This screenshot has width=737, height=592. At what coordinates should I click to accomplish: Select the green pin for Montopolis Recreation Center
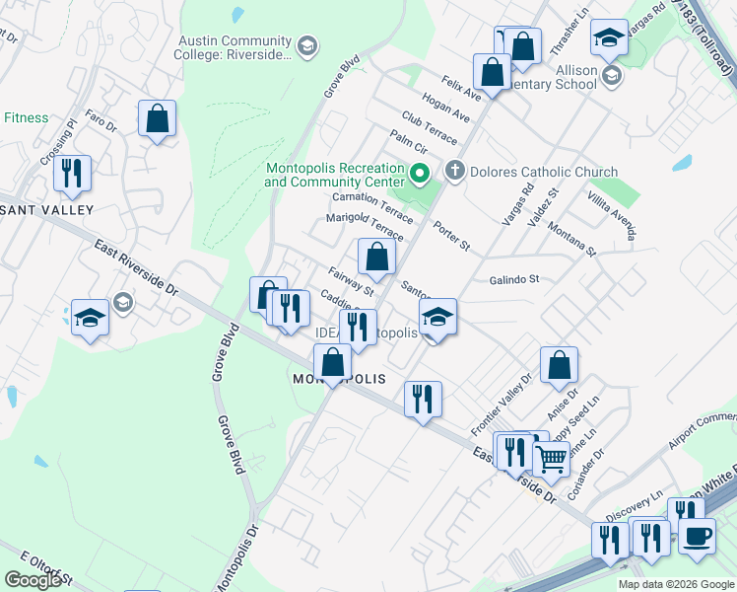420,176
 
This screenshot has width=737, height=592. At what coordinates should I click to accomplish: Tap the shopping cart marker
552,457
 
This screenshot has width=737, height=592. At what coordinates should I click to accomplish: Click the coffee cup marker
697,535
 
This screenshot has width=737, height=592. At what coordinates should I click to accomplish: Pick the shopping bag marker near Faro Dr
157,119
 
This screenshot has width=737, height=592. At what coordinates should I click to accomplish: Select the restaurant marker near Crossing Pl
72,173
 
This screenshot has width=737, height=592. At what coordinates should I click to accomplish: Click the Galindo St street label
514,279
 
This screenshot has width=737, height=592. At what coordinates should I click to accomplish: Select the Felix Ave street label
462,85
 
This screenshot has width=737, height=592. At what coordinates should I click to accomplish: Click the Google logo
33,580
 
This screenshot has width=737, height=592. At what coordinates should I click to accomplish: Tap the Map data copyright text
675,584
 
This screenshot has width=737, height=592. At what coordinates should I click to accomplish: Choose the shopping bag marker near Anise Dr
559,366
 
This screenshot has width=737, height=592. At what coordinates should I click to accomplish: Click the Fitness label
26,118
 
